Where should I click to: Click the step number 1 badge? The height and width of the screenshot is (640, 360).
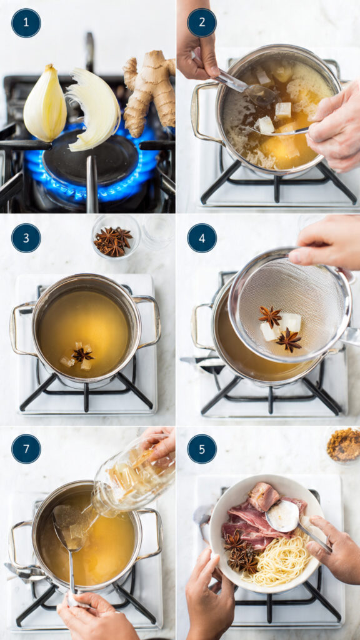[26, 23]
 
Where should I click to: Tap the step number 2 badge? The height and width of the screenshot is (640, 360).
[202, 23]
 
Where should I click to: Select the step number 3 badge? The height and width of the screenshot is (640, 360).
[26, 238]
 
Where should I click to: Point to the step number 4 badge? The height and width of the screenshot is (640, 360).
[202, 238]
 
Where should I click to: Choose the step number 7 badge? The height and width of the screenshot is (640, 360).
[26, 449]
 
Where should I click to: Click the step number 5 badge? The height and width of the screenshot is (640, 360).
[202, 449]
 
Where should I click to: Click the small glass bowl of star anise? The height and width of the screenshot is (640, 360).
[115, 238]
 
